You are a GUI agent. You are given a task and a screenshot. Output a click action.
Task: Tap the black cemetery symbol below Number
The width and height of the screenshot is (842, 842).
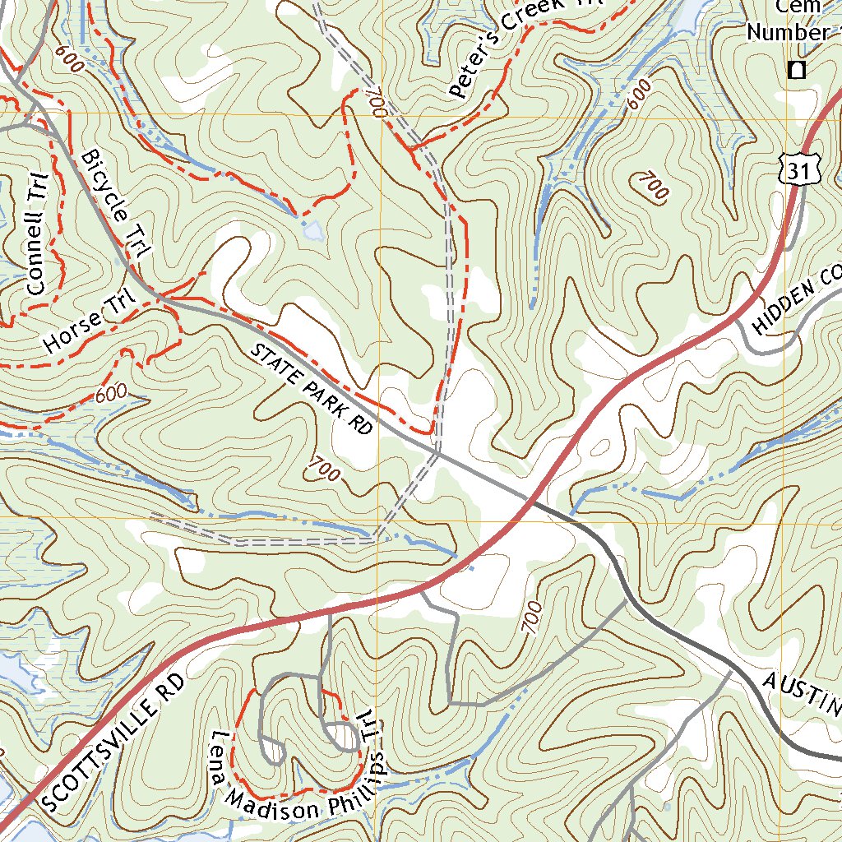[795, 70]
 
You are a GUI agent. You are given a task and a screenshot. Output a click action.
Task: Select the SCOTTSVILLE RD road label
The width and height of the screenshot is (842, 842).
[115, 743]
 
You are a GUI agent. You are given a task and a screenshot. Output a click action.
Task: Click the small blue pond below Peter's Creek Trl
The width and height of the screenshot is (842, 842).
[312, 231]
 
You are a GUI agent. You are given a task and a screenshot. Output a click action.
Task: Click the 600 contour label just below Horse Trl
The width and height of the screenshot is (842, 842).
[111, 394]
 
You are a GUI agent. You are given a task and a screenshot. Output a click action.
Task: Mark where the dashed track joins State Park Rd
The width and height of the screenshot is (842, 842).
[437, 451]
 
